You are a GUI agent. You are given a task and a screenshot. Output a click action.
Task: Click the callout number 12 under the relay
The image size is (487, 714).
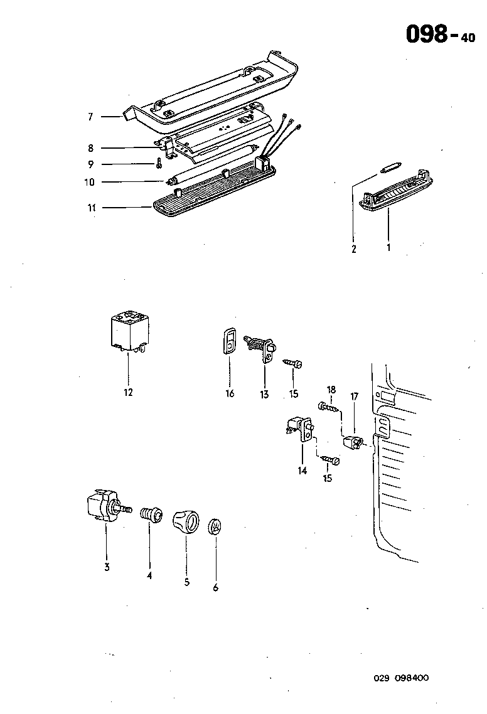point(128,393)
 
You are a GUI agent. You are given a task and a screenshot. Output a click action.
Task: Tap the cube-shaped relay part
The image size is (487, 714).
point(129,331)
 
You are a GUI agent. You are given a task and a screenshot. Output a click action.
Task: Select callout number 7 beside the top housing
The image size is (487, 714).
point(90,117)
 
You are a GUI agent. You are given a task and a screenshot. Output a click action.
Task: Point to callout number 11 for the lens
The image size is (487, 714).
point(92,207)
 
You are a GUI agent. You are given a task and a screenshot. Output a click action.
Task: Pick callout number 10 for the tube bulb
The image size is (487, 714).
point(90,183)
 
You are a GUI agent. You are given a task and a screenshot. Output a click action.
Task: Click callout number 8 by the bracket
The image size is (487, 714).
point(90,148)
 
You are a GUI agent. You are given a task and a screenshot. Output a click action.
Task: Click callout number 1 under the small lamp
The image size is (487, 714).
point(388,248)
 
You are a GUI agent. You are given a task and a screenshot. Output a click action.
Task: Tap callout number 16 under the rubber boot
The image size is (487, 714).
point(230,393)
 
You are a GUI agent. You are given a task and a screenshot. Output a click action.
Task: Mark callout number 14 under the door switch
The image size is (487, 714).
point(302,471)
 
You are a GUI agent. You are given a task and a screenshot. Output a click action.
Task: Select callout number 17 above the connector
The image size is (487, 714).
point(354,397)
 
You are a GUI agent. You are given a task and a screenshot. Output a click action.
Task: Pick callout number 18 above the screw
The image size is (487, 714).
point(331,390)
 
